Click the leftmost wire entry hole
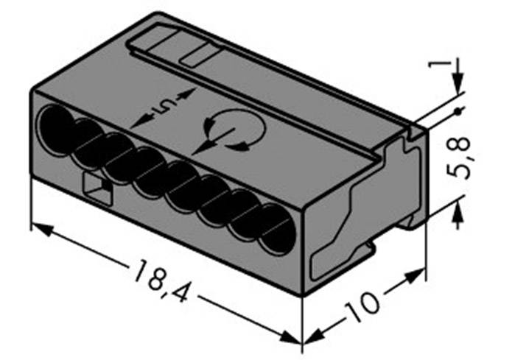click(57, 127)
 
